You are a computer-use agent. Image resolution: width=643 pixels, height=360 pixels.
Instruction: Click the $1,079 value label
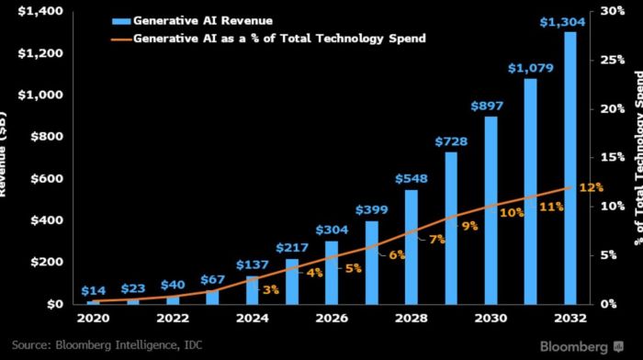[530, 68]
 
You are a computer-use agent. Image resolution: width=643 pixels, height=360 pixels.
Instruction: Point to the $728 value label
[451, 141]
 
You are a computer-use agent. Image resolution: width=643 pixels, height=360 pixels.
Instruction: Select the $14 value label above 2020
[94, 289]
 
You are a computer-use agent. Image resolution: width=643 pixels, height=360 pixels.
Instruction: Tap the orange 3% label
[271, 290]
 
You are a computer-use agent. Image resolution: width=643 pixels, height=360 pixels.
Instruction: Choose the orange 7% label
[436, 239]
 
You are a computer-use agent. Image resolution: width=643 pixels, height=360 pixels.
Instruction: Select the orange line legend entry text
[280, 39]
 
